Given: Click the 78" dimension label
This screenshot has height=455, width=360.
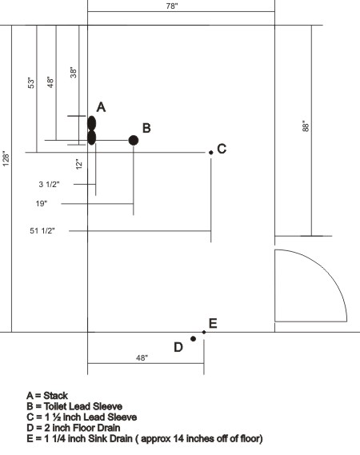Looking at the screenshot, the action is tap(172, 6).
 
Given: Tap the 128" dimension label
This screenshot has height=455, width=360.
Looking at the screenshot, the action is tap(6, 158).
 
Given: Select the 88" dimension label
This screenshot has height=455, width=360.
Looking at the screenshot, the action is tap(306, 126).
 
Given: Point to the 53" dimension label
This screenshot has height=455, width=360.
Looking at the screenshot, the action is tap(31, 82).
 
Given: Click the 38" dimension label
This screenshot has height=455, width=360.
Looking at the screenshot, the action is tap(74, 72).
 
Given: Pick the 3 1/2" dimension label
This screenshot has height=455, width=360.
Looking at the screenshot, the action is tap(49, 184).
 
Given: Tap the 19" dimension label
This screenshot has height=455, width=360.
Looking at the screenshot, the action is tap(42, 203).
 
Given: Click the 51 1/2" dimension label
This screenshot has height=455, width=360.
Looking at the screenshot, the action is tap(42, 230).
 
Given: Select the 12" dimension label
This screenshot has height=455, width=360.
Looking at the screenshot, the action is tap(79, 164).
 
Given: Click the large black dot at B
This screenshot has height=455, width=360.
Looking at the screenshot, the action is tap(134, 141).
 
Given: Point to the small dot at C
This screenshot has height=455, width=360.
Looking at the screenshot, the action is tap(210, 153).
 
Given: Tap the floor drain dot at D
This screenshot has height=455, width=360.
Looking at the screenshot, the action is tap(193, 338).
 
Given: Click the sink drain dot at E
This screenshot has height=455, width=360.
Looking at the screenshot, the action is tap(204, 333).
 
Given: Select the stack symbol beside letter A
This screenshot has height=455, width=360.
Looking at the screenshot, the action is tap(91, 130).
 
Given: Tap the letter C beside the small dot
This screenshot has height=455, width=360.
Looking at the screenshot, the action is tap(222, 149).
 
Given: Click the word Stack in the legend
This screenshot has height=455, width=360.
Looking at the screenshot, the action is tap(55, 396).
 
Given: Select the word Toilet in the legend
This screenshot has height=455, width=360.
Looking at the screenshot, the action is tap(56, 406).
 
